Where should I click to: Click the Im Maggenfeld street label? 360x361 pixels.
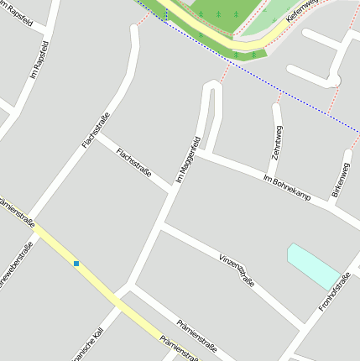[188, 160]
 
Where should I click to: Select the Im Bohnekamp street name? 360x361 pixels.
[287, 189]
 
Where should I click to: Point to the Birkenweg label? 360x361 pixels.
[341, 180]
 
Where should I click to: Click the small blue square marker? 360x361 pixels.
[76, 264]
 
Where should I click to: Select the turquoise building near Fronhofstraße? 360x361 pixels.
[313, 266]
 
